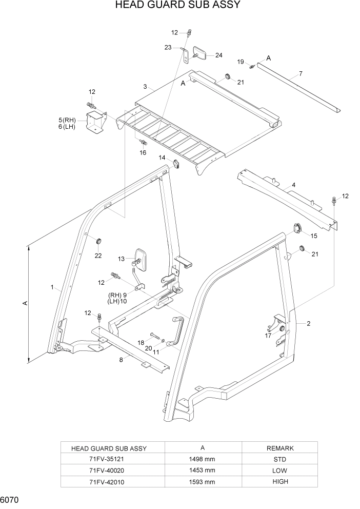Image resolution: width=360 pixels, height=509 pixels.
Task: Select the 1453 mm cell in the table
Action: [203, 470]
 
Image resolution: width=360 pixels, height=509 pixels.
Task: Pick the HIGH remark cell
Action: [280, 481]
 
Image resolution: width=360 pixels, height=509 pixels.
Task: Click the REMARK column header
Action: [280, 447]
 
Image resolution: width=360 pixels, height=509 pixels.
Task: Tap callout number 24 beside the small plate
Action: [218, 55]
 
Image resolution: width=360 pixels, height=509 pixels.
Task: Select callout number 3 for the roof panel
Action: [145, 86]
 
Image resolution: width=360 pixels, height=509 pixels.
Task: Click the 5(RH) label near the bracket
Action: [67, 120]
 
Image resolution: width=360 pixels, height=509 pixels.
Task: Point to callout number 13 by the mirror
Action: [122, 259]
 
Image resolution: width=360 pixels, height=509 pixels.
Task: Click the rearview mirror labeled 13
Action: [140, 259]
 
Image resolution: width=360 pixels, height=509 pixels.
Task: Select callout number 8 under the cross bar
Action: [121, 360]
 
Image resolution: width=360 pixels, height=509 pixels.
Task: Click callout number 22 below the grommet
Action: [98, 256]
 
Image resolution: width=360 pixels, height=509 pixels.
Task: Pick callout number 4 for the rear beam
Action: [293, 184]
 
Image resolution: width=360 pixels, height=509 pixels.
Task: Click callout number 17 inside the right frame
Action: [268, 336]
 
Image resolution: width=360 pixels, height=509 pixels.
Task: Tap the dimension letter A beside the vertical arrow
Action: [24, 304]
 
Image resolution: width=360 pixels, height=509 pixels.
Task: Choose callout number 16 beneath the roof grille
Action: [143, 152]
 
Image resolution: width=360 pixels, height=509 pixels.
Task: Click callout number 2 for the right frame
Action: [309, 323]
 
